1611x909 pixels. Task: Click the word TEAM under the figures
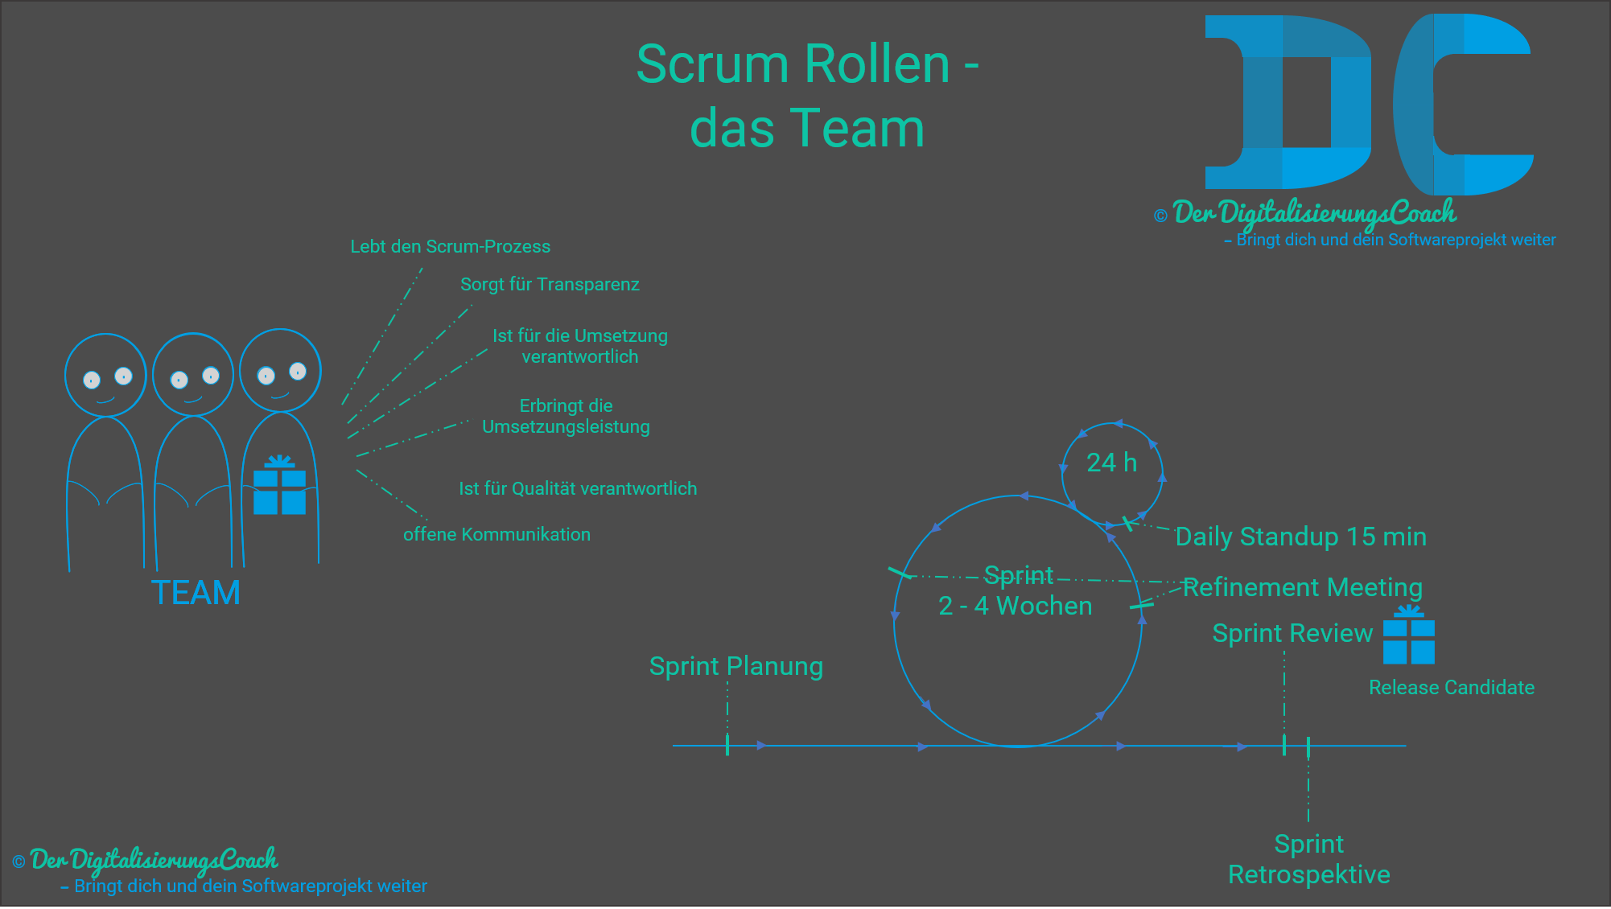coord(196,593)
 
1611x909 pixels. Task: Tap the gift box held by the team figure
coord(279,489)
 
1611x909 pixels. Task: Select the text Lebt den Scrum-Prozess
coord(450,246)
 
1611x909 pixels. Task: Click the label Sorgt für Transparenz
coord(550,284)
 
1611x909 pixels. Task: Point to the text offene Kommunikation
coord(496,534)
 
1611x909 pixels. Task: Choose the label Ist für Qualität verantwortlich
coord(577,488)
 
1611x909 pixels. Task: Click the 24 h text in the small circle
coord(1111,463)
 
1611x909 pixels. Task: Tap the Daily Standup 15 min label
coord(1300,537)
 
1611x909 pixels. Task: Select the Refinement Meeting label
coord(1302,587)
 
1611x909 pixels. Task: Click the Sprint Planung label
coord(735,666)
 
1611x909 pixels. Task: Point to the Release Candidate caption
coord(1451,688)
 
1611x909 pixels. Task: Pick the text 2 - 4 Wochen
coord(1015,606)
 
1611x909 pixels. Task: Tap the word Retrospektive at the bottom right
coord(1308,874)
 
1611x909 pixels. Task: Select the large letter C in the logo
coord(1456,105)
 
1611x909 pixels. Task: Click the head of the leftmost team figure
coord(105,375)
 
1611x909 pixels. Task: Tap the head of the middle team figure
coord(193,374)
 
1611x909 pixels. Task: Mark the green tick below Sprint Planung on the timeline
coord(727,745)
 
